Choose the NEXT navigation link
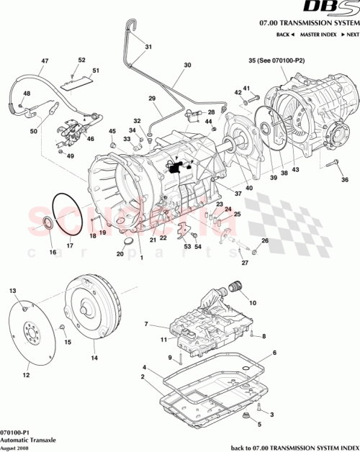tap(349, 35)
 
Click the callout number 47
tap(44, 61)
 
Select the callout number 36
tap(344, 179)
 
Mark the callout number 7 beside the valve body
tap(146, 325)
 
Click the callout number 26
tap(264, 240)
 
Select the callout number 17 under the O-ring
tap(70, 245)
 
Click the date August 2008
tap(16, 447)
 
